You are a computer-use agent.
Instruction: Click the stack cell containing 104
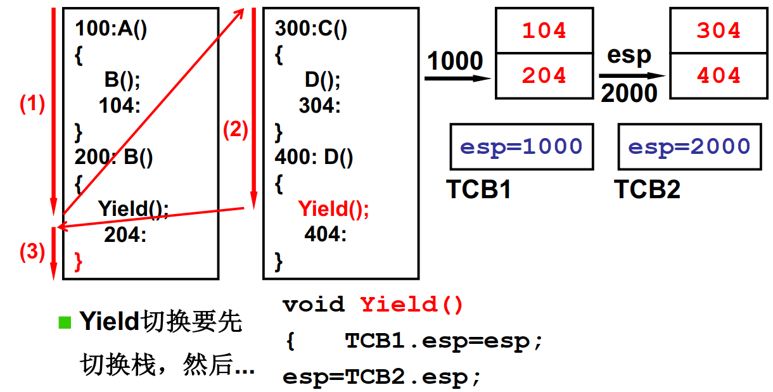coord(544,30)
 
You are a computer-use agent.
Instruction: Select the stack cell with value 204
coord(544,76)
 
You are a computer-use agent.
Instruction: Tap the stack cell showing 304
coord(719,30)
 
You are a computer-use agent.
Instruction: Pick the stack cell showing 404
coord(719,76)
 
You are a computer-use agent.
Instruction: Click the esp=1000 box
coord(521,147)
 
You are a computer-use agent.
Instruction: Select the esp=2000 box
coord(689,147)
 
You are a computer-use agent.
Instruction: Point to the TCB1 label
coord(479,189)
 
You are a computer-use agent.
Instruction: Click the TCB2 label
coord(647,189)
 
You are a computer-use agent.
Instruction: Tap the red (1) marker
coord(32,104)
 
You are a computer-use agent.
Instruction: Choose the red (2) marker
coord(235,130)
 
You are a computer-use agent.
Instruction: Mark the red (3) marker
coord(32,252)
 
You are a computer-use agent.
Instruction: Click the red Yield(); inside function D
coord(333,209)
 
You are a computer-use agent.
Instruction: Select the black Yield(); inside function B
coord(133,209)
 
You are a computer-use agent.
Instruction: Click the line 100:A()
coord(111,29)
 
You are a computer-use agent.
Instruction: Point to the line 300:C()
coord(311,29)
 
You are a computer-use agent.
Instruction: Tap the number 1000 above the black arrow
coord(455,61)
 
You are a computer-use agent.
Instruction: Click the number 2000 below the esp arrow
coord(629,94)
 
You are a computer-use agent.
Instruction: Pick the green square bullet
coord(65,322)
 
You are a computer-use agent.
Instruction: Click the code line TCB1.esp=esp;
coord(444,341)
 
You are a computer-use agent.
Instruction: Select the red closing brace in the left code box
coord(79,261)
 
